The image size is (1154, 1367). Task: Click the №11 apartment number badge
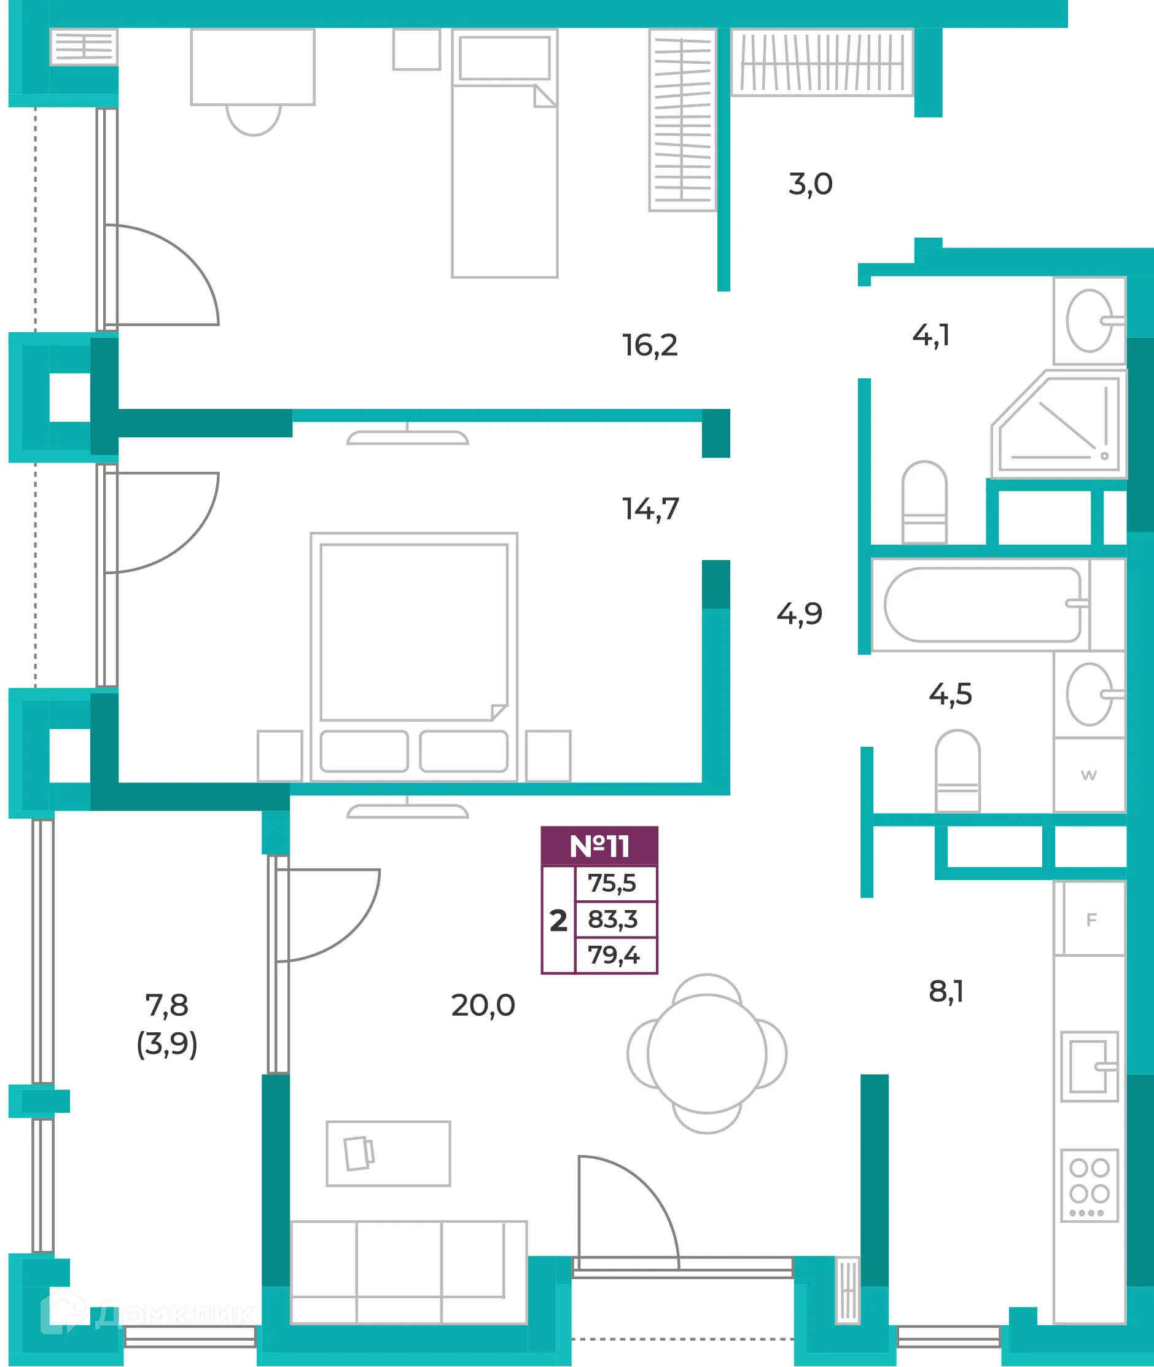pyautogui.click(x=599, y=846)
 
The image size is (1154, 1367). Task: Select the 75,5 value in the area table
pyautogui.click(x=612, y=884)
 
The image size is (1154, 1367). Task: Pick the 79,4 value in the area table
pyautogui.click(x=613, y=955)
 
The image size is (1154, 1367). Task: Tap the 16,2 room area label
pyautogui.click(x=650, y=345)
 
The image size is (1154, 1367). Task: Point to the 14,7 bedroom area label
pyautogui.click(x=650, y=509)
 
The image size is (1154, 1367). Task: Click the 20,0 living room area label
pyautogui.click(x=483, y=1005)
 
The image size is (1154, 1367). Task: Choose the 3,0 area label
pyautogui.click(x=811, y=184)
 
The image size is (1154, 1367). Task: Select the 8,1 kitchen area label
pyautogui.click(x=946, y=992)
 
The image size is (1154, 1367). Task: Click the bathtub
pyautogui.click(x=982, y=605)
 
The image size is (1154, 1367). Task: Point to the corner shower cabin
pyautogui.click(x=1058, y=424)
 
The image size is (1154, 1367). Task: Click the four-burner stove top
pyautogui.click(x=1090, y=1186)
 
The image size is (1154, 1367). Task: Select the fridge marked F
pyautogui.click(x=1090, y=919)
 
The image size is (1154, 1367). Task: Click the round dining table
pyautogui.click(x=706, y=1054)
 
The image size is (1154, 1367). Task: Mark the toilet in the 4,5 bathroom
pyautogui.click(x=957, y=771)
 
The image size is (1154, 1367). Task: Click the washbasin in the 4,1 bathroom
pyautogui.click(x=1090, y=321)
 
